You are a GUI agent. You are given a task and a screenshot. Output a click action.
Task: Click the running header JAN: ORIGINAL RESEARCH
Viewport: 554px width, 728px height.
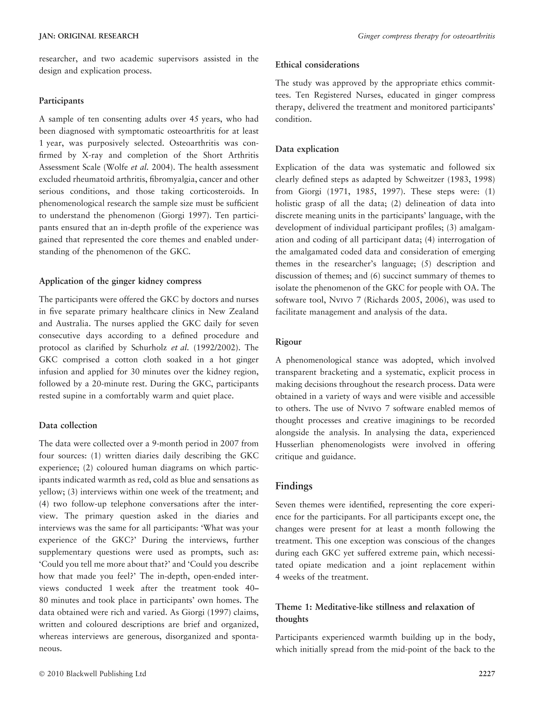point(89,36)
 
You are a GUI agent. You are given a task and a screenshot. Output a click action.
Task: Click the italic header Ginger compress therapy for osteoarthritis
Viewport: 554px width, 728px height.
point(426,36)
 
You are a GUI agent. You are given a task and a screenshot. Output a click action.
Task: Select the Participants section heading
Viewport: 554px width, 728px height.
point(61,101)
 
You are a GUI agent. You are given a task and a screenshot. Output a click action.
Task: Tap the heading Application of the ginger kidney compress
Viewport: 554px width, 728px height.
point(120,281)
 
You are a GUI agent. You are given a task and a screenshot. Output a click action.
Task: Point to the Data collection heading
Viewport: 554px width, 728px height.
point(68,425)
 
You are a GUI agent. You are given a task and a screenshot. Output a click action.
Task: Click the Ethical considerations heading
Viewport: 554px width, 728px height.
point(317,65)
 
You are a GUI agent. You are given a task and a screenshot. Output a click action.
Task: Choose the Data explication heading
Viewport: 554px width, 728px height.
point(307,149)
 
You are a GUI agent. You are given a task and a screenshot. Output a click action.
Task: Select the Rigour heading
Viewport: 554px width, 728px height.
point(288,342)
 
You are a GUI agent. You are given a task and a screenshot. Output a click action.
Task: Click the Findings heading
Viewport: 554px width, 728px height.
point(294,486)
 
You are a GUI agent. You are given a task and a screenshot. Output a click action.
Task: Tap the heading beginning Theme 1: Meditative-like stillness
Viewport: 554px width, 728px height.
point(375,607)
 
